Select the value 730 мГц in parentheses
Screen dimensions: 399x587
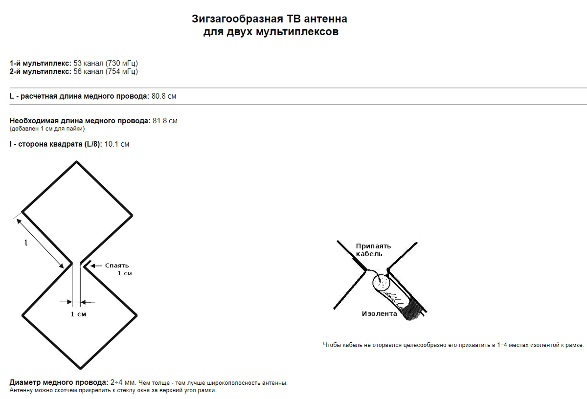tap(122, 64)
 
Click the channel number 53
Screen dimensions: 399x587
tap(77, 64)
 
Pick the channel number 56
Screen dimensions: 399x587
tap(77, 72)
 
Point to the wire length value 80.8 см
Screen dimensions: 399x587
tap(164, 96)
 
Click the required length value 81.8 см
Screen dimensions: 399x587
tap(165, 121)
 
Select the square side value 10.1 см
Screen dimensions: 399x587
tap(117, 144)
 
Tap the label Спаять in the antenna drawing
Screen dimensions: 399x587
tap(116, 266)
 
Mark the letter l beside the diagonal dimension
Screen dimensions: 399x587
tap(25, 242)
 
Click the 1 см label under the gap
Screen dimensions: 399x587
tap(78, 314)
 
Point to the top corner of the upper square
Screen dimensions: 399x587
tap(76, 162)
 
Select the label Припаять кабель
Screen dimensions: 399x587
tap(373, 250)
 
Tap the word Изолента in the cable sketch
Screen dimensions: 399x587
tap(379, 314)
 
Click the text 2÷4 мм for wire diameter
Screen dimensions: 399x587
tap(122, 382)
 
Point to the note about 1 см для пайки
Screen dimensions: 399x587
tap(47, 129)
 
